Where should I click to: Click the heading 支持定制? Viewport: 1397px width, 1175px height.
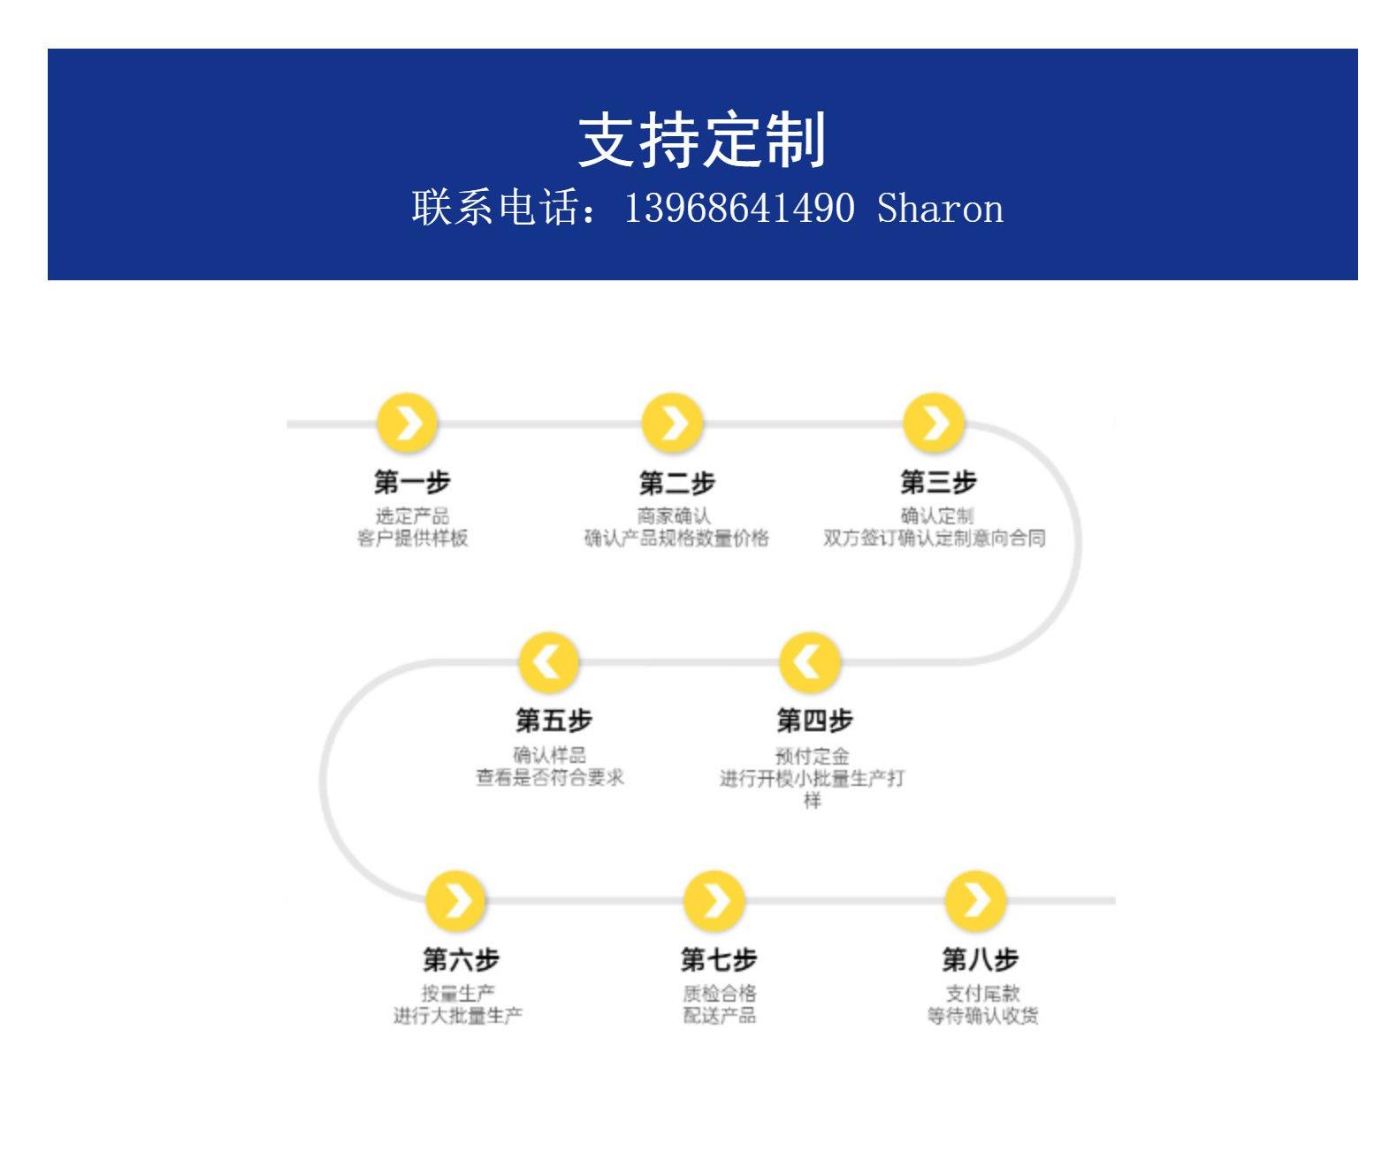(701, 140)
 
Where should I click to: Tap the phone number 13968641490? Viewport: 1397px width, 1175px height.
(739, 208)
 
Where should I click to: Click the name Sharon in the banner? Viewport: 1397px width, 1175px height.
(940, 208)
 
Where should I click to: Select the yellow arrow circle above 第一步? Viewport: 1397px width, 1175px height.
(407, 423)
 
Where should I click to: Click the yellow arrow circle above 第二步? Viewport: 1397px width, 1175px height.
(672, 423)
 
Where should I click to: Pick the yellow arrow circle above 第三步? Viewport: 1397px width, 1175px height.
(934, 423)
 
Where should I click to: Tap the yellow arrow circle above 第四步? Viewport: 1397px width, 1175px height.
(810, 662)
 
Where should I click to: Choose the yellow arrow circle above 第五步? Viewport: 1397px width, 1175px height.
(548, 662)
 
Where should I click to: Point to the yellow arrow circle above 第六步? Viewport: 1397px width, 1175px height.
(455, 901)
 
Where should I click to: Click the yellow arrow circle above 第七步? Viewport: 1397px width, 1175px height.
(714, 901)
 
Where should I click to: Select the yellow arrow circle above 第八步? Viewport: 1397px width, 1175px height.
(975, 901)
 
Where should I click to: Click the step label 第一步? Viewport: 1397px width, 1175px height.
(412, 482)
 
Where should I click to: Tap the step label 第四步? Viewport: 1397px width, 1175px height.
(815, 721)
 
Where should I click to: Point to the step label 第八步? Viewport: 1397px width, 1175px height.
(981, 959)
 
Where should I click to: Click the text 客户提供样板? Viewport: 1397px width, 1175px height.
(412, 538)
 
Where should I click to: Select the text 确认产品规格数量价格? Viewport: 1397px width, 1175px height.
(676, 538)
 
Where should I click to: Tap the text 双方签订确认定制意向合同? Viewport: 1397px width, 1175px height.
(934, 538)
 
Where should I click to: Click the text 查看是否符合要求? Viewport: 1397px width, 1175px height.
(549, 777)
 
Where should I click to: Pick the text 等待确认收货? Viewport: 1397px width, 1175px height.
(982, 1016)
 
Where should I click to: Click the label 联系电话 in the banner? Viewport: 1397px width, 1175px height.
(496, 208)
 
